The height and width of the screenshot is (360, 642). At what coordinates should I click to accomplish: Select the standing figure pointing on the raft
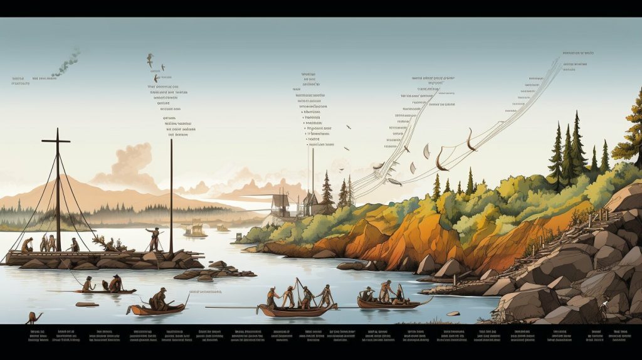[153, 238]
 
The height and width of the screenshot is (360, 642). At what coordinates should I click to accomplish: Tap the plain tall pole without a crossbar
[171, 194]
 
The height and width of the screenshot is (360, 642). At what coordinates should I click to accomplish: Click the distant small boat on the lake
[196, 232]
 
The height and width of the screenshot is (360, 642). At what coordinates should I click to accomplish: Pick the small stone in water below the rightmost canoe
[453, 314]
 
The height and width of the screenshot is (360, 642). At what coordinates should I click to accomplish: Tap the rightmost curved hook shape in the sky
[469, 140]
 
